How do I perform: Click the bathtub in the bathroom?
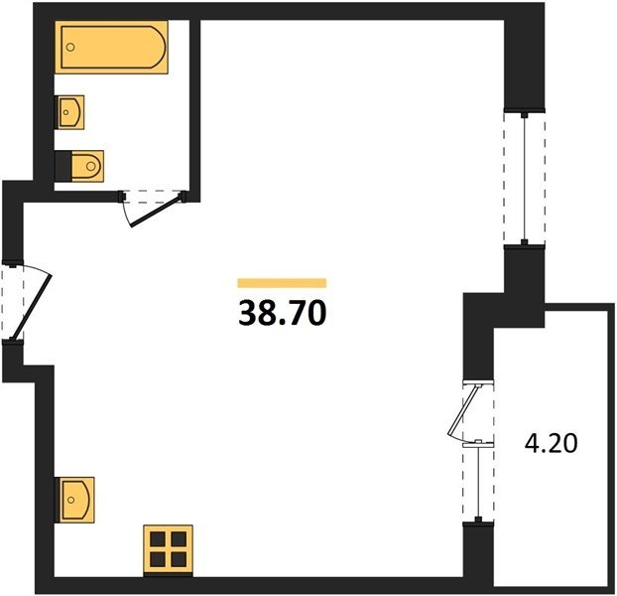tap(111, 48)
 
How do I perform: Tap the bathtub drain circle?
tap(70, 48)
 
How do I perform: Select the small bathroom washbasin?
tap(70, 112)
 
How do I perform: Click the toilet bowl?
tap(87, 166)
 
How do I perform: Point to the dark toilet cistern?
tap(62, 166)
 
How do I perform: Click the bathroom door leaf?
tap(157, 211)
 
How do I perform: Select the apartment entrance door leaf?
tap(32, 307)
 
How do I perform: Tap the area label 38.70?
tap(282, 313)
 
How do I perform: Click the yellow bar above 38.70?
tap(282, 283)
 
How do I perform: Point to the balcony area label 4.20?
tap(551, 443)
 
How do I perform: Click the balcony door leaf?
tap(464, 410)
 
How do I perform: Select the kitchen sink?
tap(74, 500)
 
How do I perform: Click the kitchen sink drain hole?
tap(70, 500)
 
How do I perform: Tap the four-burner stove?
tap(168, 549)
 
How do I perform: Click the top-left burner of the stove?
tap(158, 538)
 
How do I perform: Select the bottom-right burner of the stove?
tap(179, 559)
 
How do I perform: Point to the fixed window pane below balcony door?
tap(478, 483)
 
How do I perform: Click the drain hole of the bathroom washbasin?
tap(66, 112)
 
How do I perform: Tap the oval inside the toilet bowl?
tap(91, 166)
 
